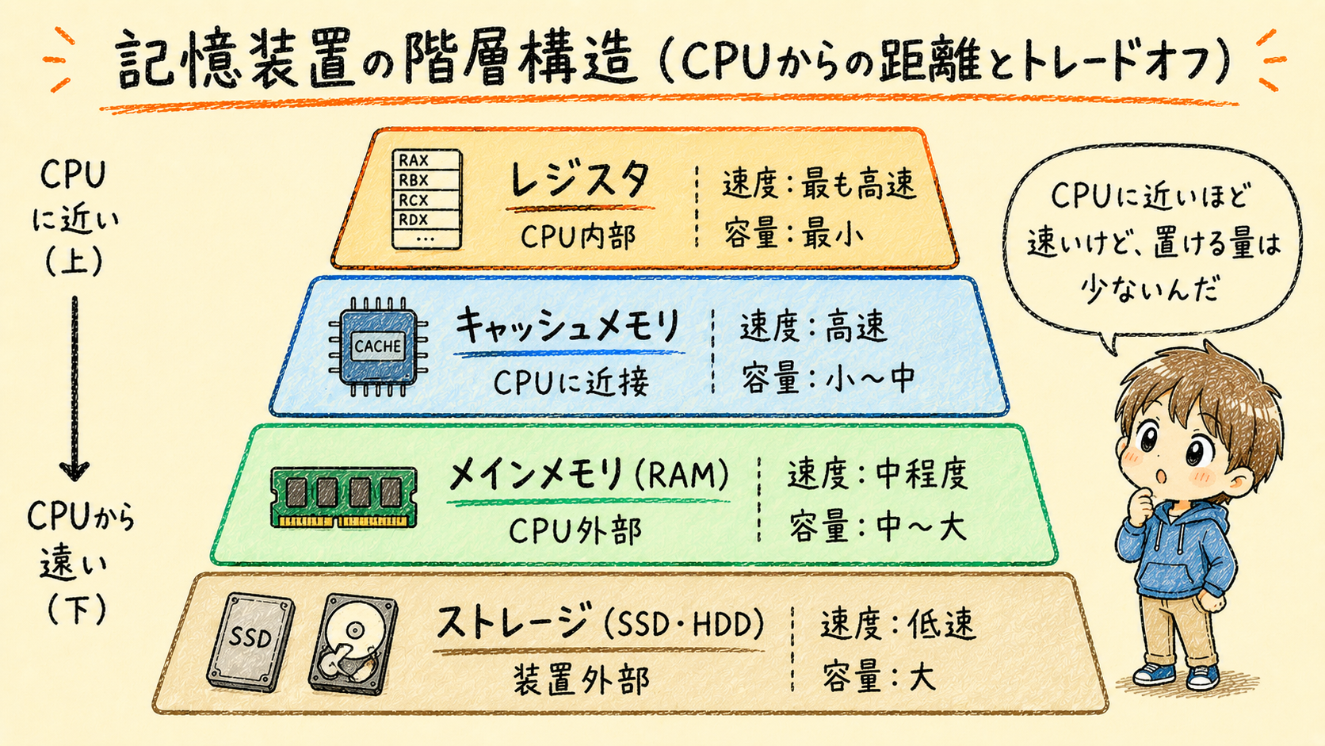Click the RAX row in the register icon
(426, 160)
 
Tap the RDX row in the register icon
(426, 220)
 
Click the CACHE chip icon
(378, 346)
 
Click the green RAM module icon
(344, 497)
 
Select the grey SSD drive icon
(250, 641)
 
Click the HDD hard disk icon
(353, 645)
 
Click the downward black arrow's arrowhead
(74, 470)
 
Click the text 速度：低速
(897, 625)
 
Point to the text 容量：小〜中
(828, 379)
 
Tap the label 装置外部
(581, 679)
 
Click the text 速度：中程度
(878, 474)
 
